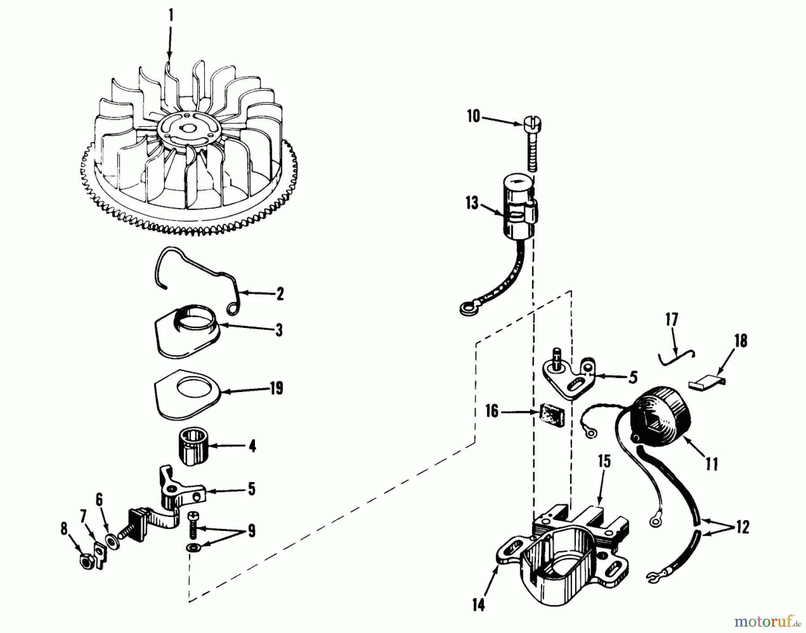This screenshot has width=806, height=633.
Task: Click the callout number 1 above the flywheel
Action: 171,15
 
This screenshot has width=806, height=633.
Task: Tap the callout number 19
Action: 276,388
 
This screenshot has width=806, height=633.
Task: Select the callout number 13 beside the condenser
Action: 472,203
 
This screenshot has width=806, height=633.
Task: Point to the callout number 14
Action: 478,605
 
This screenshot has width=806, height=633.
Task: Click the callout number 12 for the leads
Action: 742,527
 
